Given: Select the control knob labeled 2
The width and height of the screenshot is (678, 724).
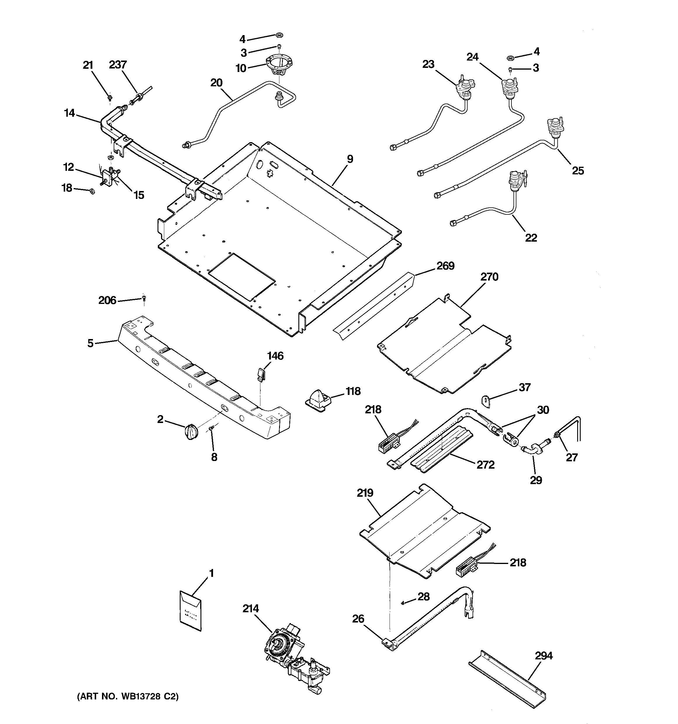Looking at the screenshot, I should (191, 432).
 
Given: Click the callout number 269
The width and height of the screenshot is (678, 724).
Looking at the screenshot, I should (445, 266).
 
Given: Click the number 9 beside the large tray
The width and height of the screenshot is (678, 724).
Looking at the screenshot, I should (350, 159).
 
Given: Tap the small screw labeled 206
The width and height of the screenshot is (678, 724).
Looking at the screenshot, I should (144, 298).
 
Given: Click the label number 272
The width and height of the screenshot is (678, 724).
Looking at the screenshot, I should (485, 465).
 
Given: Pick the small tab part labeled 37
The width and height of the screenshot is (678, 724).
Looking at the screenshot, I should (486, 400).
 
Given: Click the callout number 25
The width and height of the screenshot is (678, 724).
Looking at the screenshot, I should (578, 171).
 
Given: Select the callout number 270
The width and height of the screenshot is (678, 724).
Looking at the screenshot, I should (489, 277).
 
